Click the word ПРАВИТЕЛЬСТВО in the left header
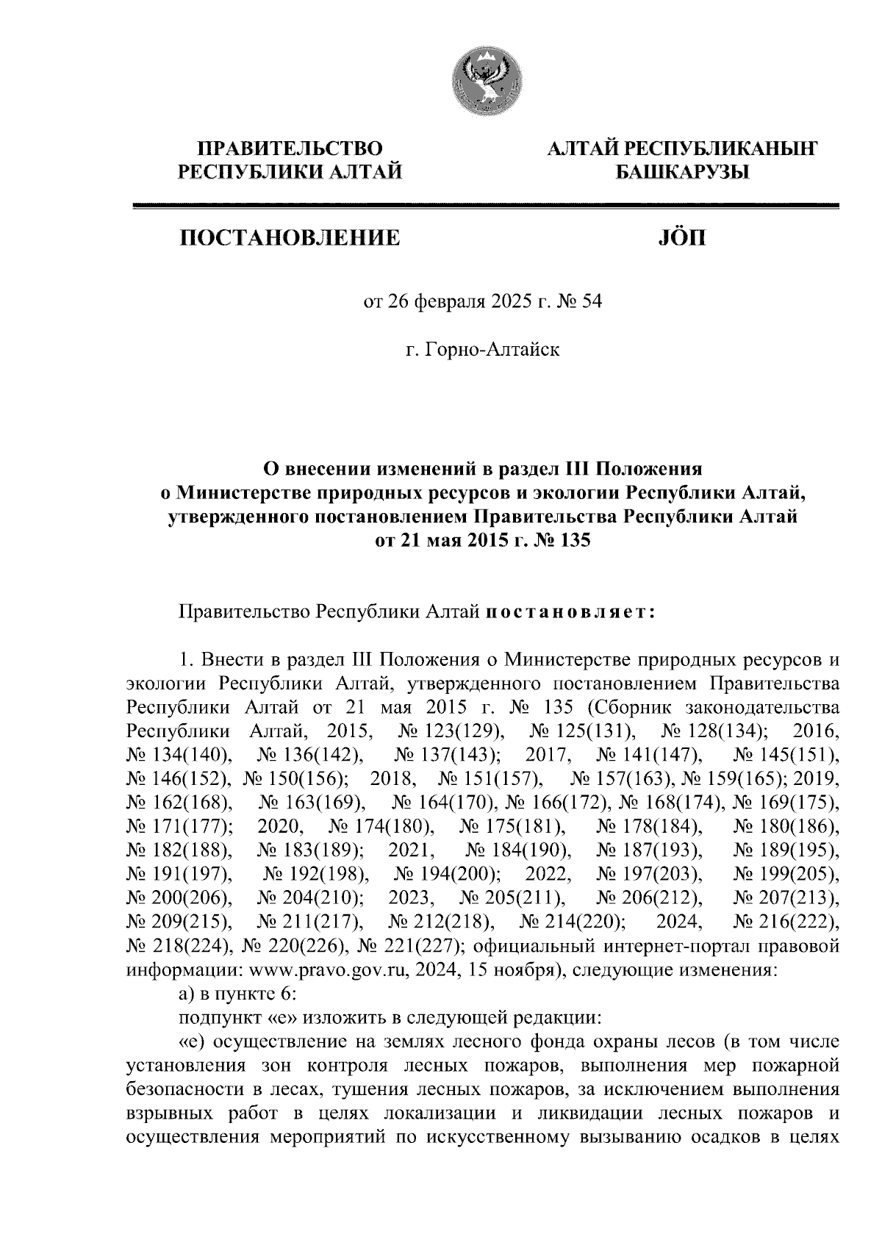pos(292,149)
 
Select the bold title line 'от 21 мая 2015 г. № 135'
pos(483,542)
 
